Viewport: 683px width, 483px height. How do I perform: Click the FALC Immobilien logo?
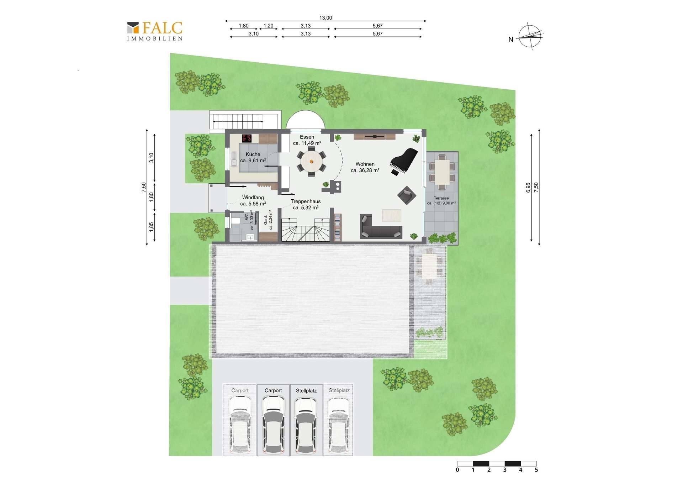click(155, 31)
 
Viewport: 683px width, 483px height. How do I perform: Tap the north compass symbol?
click(530, 36)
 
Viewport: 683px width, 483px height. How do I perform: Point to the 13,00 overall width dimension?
click(325, 18)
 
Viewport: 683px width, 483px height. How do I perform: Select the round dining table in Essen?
click(312, 162)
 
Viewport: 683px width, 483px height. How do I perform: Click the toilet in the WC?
click(235, 221)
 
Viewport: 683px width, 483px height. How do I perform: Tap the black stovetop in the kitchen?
click(247, 138)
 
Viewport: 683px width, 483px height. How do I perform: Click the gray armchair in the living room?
click(407, 195)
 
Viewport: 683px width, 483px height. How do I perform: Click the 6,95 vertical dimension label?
click(528, 188)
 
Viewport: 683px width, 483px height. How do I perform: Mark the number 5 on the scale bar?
click(536, 470)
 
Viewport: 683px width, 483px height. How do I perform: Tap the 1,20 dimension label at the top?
click(269, 26)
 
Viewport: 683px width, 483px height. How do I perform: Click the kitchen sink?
click(234, 159)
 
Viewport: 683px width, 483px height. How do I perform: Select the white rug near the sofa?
click(392, 215)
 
